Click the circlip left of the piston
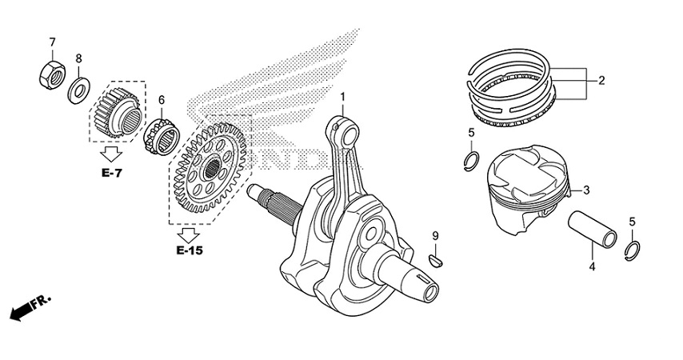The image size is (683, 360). (472, 160)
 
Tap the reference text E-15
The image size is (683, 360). (190, 250)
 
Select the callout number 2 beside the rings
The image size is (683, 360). (601, 80)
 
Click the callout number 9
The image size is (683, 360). (436, 235)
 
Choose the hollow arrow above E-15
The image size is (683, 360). (190, 234)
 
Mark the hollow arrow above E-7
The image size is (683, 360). (111, 154)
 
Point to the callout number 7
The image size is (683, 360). (52, 42)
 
